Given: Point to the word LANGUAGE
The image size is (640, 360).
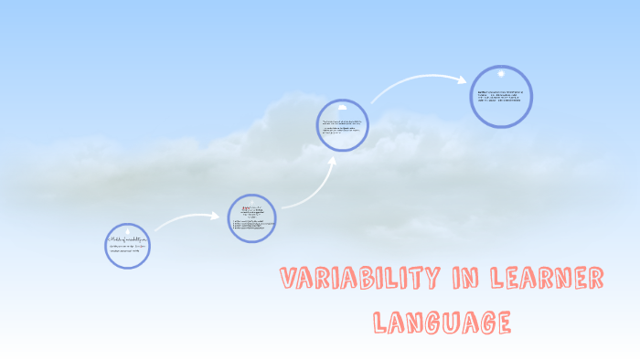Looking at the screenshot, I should (x=442, y=322).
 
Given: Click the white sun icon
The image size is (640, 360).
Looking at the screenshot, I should (x=501, y=74).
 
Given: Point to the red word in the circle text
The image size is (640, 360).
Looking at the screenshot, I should (x=246, y=209).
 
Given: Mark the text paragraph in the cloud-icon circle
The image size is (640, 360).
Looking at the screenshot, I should (x=342, y=127).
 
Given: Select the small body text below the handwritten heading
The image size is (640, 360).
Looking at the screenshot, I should (x=127, y=249).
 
